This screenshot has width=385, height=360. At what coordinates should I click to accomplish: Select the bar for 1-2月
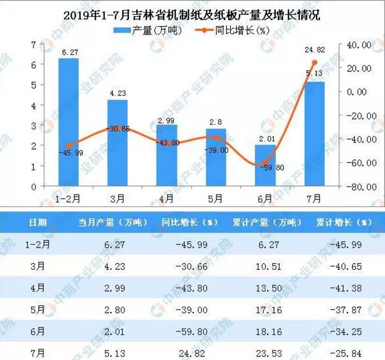click(x=68, y=122)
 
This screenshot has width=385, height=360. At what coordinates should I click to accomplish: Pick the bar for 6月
click(x=265, y=165)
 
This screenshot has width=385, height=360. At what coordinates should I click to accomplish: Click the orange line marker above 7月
click(x=314, y=62)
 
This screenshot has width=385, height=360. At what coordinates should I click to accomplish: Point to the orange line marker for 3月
click(x=117, y=128)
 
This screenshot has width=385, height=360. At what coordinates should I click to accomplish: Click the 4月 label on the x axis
click(x=167, y=199)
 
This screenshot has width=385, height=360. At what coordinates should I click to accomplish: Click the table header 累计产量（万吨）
click(x=268, y=222)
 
